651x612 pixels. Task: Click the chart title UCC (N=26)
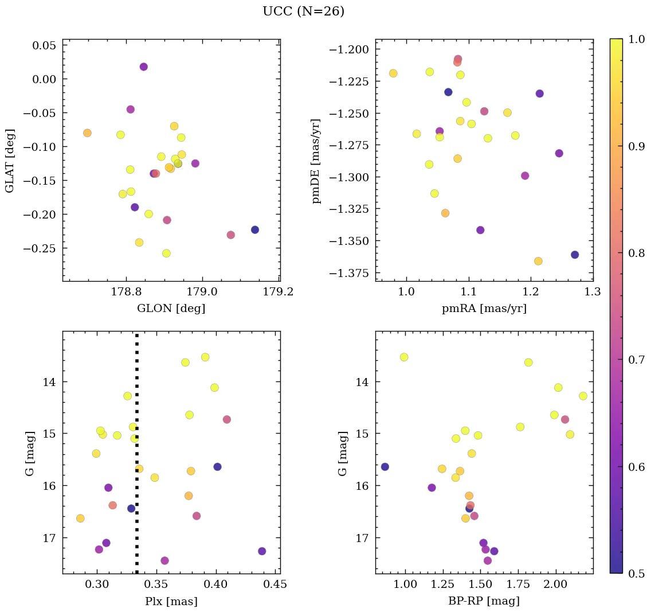click(303, 11)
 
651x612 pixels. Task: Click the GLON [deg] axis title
click(171, 309)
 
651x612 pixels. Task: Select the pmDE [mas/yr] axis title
click(316, 161)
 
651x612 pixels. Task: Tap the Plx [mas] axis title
click(171, 601)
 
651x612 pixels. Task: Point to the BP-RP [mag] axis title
click(484, 601)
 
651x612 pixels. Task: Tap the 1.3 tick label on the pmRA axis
click(593, 291)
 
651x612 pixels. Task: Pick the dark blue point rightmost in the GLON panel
click(255, 230)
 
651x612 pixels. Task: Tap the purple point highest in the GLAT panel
click(144, 67)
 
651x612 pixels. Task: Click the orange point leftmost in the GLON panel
click(87, 133)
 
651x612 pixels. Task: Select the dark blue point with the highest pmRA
click(575, 255)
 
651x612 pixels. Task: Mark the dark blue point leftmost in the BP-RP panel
click(385, 467)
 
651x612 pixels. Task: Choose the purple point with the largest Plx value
click(262, 551)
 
